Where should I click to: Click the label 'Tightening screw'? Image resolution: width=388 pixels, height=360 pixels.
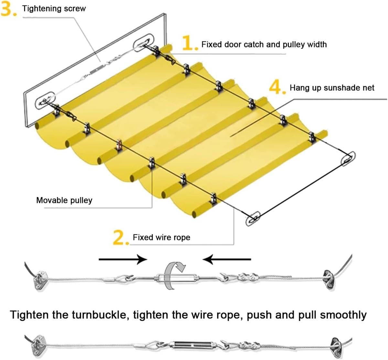54,8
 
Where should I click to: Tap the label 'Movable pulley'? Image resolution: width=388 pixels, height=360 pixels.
64,200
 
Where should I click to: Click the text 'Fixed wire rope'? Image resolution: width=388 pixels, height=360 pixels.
161,237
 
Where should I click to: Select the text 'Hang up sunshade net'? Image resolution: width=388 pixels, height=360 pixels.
332,87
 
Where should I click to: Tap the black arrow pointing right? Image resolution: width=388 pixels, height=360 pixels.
123,259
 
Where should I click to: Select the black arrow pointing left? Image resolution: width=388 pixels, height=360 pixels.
226,259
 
